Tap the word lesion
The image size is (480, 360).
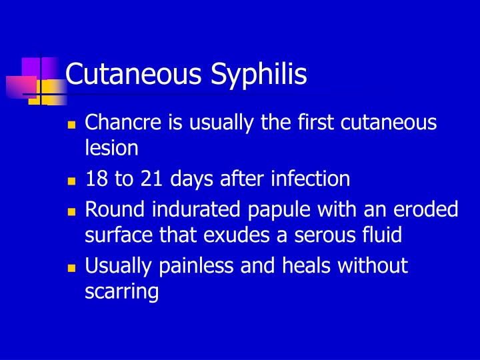point(112,148)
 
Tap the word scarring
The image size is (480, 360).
point(123,293)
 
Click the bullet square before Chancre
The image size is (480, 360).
point(73,124)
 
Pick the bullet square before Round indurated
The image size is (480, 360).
point(73,211)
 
